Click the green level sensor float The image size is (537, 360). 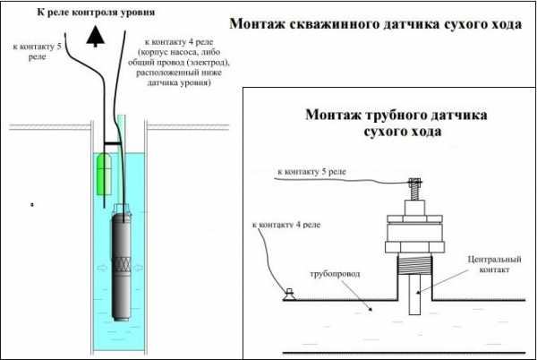(103, 173)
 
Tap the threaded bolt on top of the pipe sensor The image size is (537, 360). (414, 190)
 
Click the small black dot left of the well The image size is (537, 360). (32, 204)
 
